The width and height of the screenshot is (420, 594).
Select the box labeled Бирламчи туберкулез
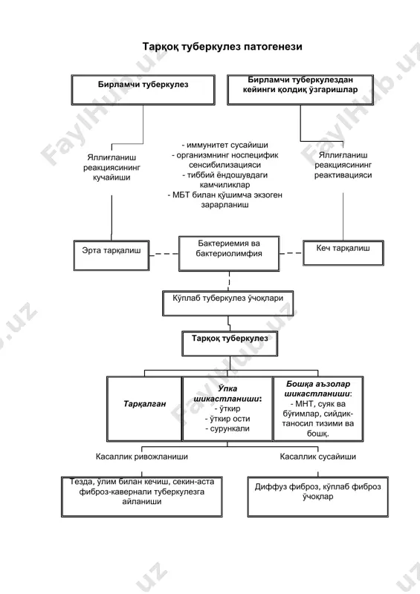143,90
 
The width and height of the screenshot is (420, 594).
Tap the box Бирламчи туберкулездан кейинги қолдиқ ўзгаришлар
300,90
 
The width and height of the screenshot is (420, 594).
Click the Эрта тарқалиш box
112,255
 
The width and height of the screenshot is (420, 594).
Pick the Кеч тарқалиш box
343,252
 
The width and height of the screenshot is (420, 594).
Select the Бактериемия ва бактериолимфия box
229,253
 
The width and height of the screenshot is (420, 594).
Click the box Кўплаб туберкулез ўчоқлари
227,303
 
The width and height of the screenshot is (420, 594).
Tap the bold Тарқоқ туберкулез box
230,344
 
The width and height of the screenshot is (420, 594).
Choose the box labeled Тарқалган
144,408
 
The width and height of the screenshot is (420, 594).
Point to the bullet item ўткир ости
227,419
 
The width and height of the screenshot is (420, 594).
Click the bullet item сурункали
227,428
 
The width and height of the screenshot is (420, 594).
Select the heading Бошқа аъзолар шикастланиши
318,388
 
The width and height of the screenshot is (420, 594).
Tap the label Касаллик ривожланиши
141,457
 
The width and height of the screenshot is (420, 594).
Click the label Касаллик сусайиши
318,457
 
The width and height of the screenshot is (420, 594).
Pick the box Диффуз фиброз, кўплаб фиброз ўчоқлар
318,497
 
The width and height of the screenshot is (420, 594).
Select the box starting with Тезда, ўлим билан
141,497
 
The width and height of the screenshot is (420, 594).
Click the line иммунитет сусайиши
225,145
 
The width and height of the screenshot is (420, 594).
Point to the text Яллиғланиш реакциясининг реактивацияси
343,165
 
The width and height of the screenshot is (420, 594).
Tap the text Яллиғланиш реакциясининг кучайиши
112,167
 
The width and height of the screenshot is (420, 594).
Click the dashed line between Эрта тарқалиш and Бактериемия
164,254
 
